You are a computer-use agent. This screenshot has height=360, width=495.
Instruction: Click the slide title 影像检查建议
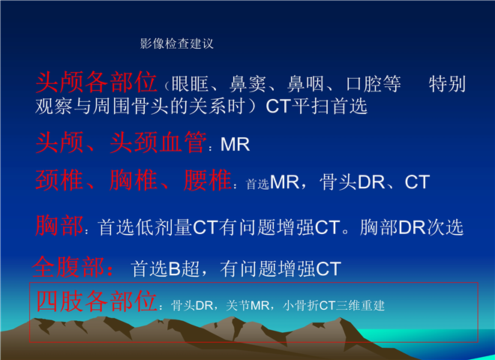pos(177,43)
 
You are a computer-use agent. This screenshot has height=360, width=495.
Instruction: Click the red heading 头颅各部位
pos(96,82)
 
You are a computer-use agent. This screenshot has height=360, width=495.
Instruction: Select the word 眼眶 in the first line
pos(190,84)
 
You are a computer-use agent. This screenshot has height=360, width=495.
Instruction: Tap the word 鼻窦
pos(247,84)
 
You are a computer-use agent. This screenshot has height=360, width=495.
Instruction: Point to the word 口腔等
pos(373,84)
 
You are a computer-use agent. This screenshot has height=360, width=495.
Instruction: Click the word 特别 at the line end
pos(447,84)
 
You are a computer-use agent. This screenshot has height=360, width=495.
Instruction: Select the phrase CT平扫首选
pos(316,106)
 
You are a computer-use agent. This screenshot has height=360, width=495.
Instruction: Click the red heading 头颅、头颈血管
pos(121,142)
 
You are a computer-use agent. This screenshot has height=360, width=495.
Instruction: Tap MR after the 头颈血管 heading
pos(235,145)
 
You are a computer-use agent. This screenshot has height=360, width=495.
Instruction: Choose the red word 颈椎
pos(59,180)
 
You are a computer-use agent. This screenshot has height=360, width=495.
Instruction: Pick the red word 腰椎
pos(208,180)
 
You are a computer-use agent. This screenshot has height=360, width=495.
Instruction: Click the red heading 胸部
pos(59,226)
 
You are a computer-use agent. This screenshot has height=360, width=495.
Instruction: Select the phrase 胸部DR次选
pos(412,227)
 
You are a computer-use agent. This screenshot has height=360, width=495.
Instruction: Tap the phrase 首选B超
pos(166,269)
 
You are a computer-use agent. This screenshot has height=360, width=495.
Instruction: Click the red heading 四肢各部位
pos(96,301)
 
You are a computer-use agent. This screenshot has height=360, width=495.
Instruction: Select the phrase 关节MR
pos(247,306)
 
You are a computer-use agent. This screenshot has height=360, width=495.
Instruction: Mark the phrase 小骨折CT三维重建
pos(334,306)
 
